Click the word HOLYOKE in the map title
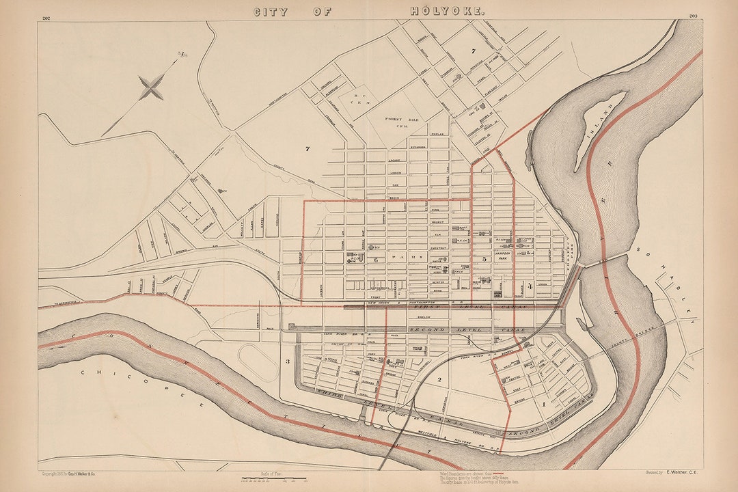pyautogui.click(x=448, y=12)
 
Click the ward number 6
pyautogui.click(x=375, y=259)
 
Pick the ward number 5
pyautogui.click(x=484, y=259)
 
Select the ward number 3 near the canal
pyautogui.click(x=288, y=361)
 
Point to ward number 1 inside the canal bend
pyautogui.click(x=543, y=405)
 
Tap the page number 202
pyautogui.click(x=46, y=18)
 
